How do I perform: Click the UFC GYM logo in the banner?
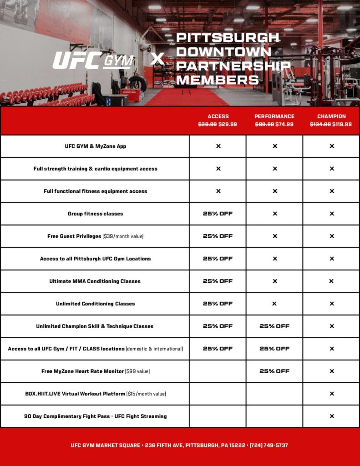(x=93, y=61)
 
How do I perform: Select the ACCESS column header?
(x=218, y=116)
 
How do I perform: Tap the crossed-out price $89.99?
(x=264, y=124)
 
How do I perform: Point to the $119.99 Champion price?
(x=342, y=124)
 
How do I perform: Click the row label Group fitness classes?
(x=95, y=213)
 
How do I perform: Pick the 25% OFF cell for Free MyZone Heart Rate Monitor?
(x=274, y=371)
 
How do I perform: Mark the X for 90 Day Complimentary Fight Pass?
(x=332, y=416)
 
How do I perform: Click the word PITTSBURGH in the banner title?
(x=228, y=37)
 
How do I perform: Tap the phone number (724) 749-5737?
(x=269, y=445)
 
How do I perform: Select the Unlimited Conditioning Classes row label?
(x=95, y=304)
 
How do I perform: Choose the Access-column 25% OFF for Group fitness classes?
(x=218, y=213)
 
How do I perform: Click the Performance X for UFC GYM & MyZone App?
(x=274, y=146)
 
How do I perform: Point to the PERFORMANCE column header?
(x=274, y=116)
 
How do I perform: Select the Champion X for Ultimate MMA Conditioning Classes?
(x=332, y=281)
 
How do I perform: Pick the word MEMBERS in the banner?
(x=218, y=80)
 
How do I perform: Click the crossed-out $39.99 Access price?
(x=208, y=124)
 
